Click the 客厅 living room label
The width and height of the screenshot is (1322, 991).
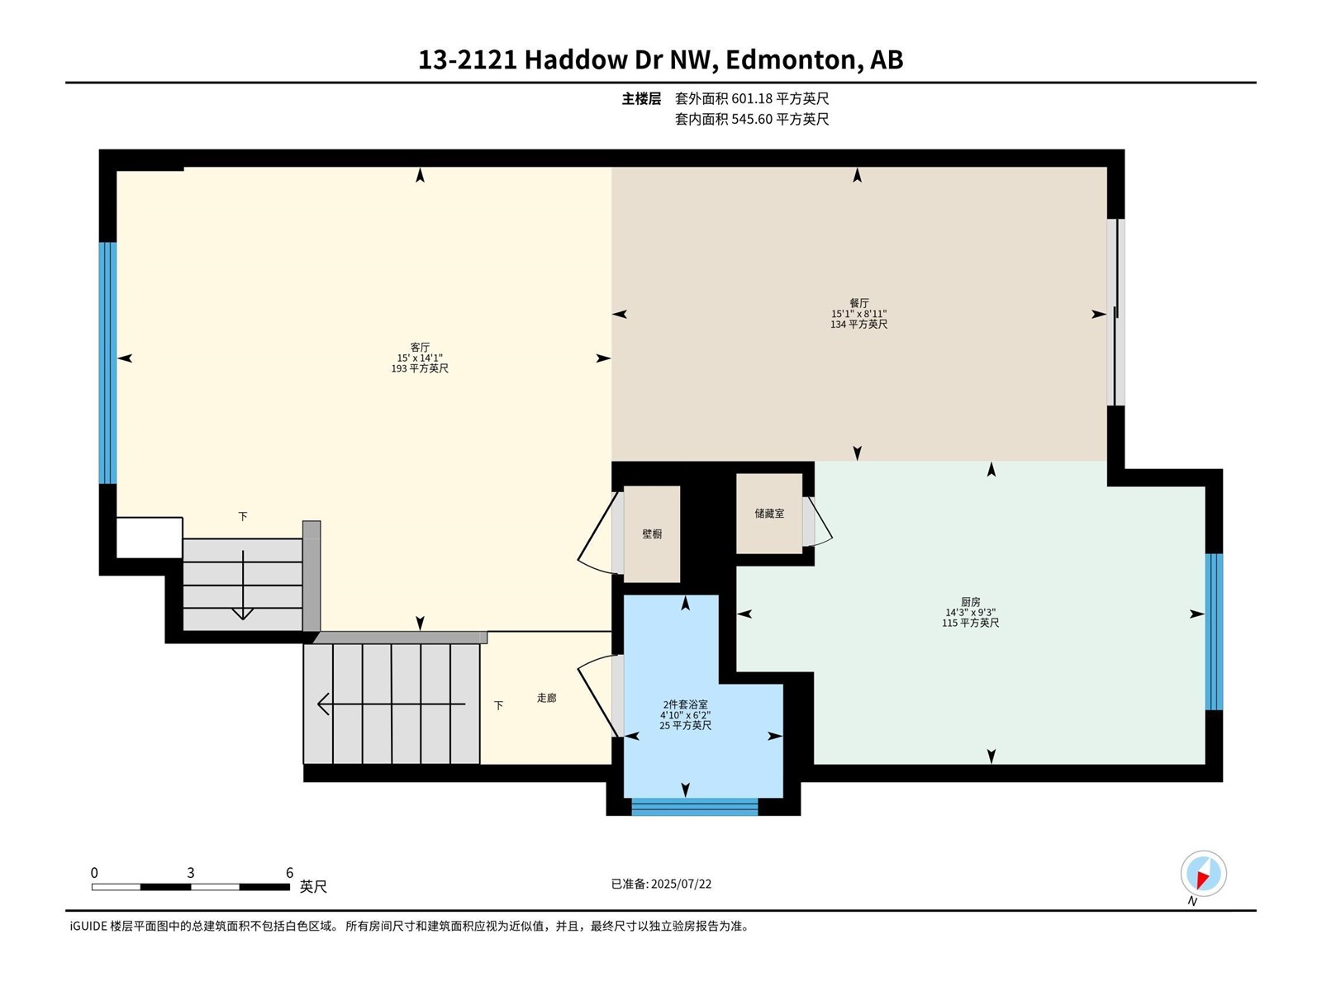pos(420,347)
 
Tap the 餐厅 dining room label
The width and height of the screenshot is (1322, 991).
pos(858,303)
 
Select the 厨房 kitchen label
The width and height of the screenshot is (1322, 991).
pos(970,602)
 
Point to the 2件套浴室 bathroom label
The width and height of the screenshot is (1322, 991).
pos(686,704)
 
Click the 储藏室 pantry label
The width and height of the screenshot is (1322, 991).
pos(769,513)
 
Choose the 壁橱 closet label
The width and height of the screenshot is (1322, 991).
pos(652,533)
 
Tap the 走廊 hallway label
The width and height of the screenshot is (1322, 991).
pos(546,697)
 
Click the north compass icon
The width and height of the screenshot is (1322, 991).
pos(1203,874)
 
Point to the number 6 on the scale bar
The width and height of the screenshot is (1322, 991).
pos(290,872)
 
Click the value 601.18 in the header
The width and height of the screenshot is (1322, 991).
pos(752,98)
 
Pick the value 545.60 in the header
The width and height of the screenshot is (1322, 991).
pos(752,119)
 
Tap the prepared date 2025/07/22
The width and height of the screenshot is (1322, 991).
pos(681,884)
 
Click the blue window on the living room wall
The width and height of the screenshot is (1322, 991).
pos(107,363)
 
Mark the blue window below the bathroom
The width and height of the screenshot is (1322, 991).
pos(694,807)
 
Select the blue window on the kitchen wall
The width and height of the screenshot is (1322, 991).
pos(1215,632)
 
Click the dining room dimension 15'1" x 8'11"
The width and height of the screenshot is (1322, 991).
pos(858,314)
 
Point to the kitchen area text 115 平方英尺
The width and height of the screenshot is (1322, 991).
pos(970,623)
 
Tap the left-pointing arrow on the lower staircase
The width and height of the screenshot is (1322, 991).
pos(392,704)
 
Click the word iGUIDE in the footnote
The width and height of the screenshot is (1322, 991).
pos(88,926)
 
